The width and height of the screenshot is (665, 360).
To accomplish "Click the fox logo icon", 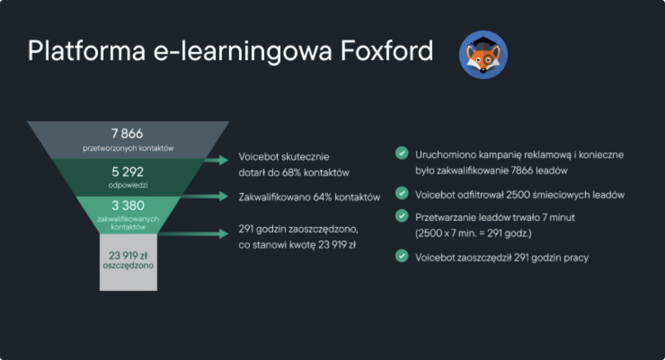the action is pos(483,54).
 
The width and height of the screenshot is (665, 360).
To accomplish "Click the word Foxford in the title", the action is pos(387,51).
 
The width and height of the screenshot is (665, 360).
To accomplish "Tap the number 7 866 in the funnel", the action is pos(127,134).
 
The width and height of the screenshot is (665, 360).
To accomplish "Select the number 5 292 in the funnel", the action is pos(127,172).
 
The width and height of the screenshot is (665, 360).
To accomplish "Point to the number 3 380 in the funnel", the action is pos(128,206).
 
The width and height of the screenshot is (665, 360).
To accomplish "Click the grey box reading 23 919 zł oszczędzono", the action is pos(128,262).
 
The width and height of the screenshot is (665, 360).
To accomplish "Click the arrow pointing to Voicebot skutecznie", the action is pos(216,160).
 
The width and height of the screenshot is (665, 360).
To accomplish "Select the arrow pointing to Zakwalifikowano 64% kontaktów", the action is pos(205,196).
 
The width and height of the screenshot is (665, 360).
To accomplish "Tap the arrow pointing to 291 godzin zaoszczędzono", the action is pos(193,234).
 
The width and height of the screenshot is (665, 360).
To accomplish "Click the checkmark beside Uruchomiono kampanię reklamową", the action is pos(402,153).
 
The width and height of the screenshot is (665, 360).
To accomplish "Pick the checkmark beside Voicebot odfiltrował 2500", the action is pos(402,193).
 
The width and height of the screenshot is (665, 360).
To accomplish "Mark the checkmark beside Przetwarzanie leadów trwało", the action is pos(402,216).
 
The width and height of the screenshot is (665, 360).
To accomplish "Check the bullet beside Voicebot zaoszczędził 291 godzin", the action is pos(402,256).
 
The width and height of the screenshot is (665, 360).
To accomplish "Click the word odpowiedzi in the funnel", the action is pos(128,185).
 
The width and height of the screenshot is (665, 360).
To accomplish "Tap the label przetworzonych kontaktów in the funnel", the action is pos(128,148).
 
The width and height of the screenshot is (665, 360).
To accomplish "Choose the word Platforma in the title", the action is pos(86,51).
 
